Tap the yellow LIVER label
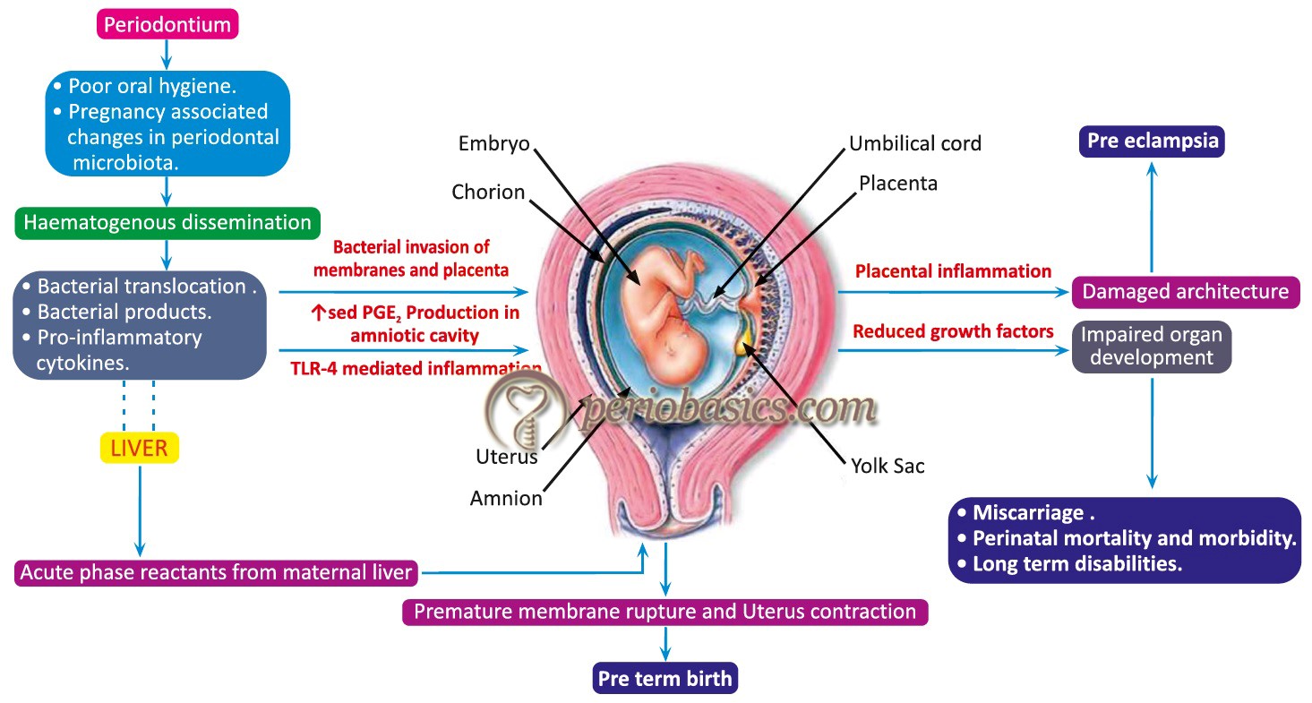point(140,447)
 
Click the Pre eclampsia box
point(1152,141)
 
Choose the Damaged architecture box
point(1185,291)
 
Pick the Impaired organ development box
point(1152,346)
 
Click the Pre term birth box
point(665,678)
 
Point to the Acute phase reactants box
point(216,571)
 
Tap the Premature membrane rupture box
point(665,612)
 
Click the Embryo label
point(495,143)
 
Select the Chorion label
point(488,192)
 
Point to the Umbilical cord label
point(915,143)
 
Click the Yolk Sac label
point(888,466)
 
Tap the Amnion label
point(506,498)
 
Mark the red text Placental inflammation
point(953,270)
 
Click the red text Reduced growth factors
point(953,331)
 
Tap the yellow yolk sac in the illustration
point(743,338)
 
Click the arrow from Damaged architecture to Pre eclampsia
point(1152,215)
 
